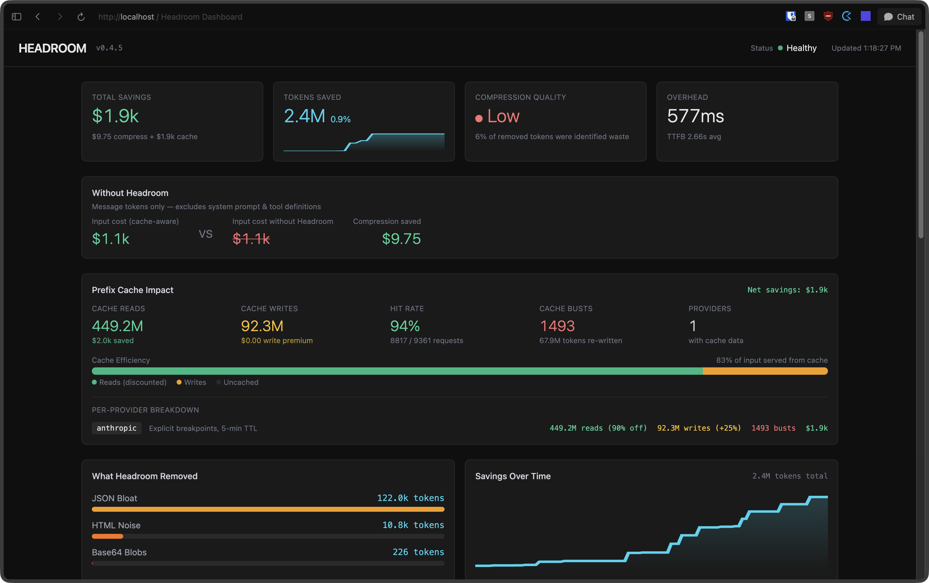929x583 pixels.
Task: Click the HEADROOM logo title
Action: [53, 48]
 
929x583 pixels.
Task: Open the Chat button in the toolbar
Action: [899, 17]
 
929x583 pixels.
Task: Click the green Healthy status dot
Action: [780, 48]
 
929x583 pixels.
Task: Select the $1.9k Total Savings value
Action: [115, 116]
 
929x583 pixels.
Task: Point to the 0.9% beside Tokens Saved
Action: [340, 119]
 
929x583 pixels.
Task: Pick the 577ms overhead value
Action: [695, 116]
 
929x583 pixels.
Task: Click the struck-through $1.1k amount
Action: [251, 239]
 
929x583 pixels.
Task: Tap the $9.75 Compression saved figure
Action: [401, 239]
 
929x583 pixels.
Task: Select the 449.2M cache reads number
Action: [117, 326]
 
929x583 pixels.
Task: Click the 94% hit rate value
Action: [405, 326]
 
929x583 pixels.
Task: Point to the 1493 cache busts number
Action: [557, 326]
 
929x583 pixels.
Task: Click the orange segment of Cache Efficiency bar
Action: [765, 371]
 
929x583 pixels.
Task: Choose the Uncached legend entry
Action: [241, 382]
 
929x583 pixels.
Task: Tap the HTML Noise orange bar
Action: [107, 536]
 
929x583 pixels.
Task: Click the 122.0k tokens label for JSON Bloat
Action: [410, 498]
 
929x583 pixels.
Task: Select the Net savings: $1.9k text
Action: [787, 290]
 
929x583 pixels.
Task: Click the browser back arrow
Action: [37, 17]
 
